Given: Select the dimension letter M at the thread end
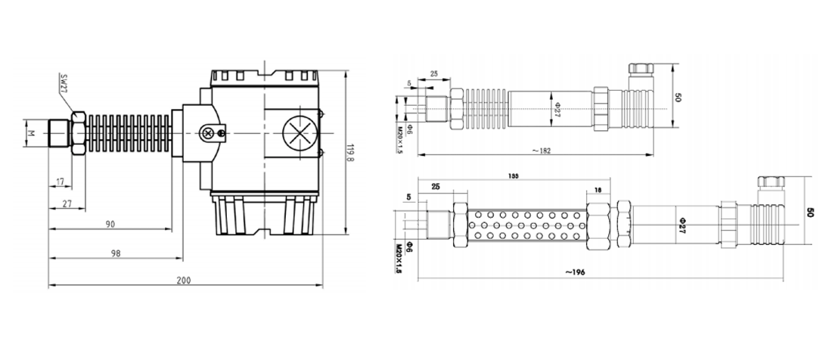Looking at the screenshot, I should point(30,133).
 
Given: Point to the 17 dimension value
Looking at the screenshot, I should point(60,181).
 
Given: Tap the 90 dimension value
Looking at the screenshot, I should point(110,225).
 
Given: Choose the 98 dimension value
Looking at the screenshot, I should point(115,254).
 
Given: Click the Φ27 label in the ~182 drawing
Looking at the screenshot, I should point(557,110).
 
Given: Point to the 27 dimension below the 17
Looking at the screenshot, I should point(67,203).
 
